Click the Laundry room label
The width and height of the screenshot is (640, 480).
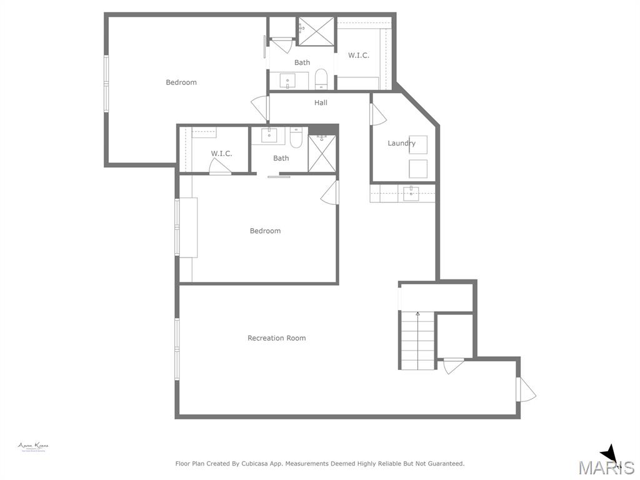tap(401, 143)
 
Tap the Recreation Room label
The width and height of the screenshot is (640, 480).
tap(276, 338)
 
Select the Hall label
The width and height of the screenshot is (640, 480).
tap(321, 102)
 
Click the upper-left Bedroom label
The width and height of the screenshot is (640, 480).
tap(181, 82)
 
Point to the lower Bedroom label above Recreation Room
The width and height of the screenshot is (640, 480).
tap(265, 231)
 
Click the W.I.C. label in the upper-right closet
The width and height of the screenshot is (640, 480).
tap(358, 55)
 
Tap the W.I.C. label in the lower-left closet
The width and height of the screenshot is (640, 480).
tap(221, 154)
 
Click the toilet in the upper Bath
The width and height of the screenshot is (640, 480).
tap(321, 79)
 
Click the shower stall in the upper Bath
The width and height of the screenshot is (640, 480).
tap(316, 31)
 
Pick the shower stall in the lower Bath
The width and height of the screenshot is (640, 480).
tap(322, 154)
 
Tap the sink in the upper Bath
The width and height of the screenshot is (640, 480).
tap(287, 81)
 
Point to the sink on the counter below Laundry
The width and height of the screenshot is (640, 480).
tap(411, 193)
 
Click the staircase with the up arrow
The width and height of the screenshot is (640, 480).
tap(417, 340)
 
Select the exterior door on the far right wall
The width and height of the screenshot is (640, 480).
tap(525, 390)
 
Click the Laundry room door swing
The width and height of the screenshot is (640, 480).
tap(377, 114)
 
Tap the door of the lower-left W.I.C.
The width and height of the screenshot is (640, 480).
tap(219, 166)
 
